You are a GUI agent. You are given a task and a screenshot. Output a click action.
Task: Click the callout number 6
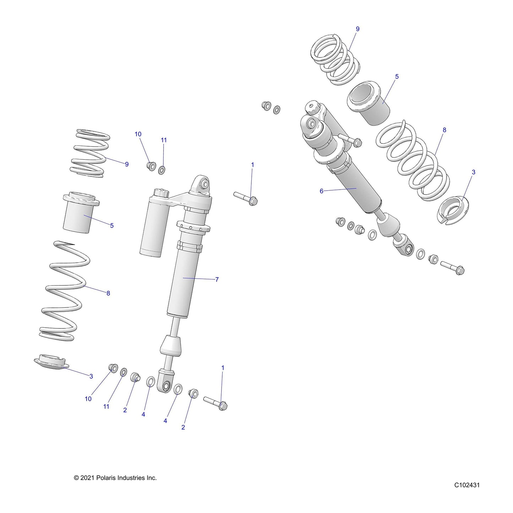(x=321, y=191)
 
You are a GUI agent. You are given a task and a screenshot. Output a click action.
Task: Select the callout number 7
(x=217, y=279)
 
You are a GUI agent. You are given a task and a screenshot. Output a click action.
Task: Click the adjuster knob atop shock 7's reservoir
(x=161, y=192)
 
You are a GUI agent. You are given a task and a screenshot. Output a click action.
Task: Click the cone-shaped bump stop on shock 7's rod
(x=171, y=345)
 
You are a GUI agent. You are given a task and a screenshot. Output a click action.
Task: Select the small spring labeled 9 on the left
(x=90, y=153)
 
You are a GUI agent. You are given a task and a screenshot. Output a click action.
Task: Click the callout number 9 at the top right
(x=358, y=29)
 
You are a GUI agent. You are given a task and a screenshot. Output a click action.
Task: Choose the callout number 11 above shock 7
(x=163, y=140)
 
